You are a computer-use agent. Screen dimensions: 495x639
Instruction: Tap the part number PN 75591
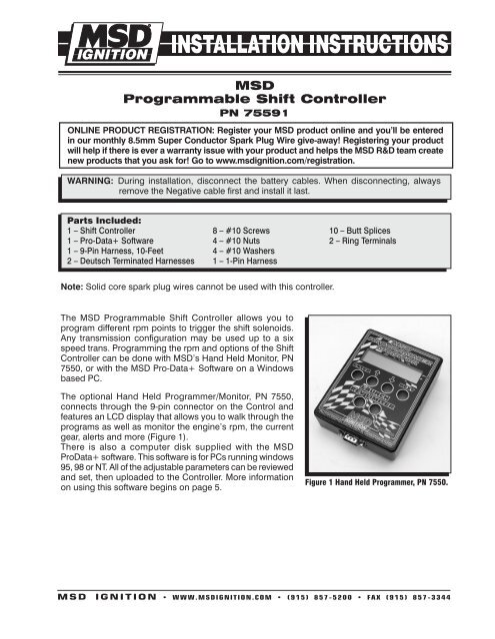tap(246, 116)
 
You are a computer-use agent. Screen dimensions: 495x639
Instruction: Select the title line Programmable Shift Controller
tap(246, 101)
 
